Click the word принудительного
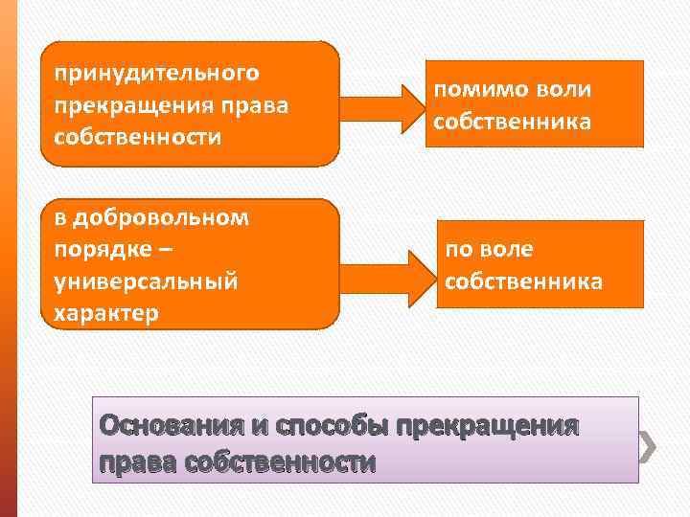(156, 73)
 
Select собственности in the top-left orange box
(137, 136)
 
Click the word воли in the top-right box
(566, 89)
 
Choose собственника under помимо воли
(512, 122)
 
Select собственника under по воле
(523, 281)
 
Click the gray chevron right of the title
(648, 444)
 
